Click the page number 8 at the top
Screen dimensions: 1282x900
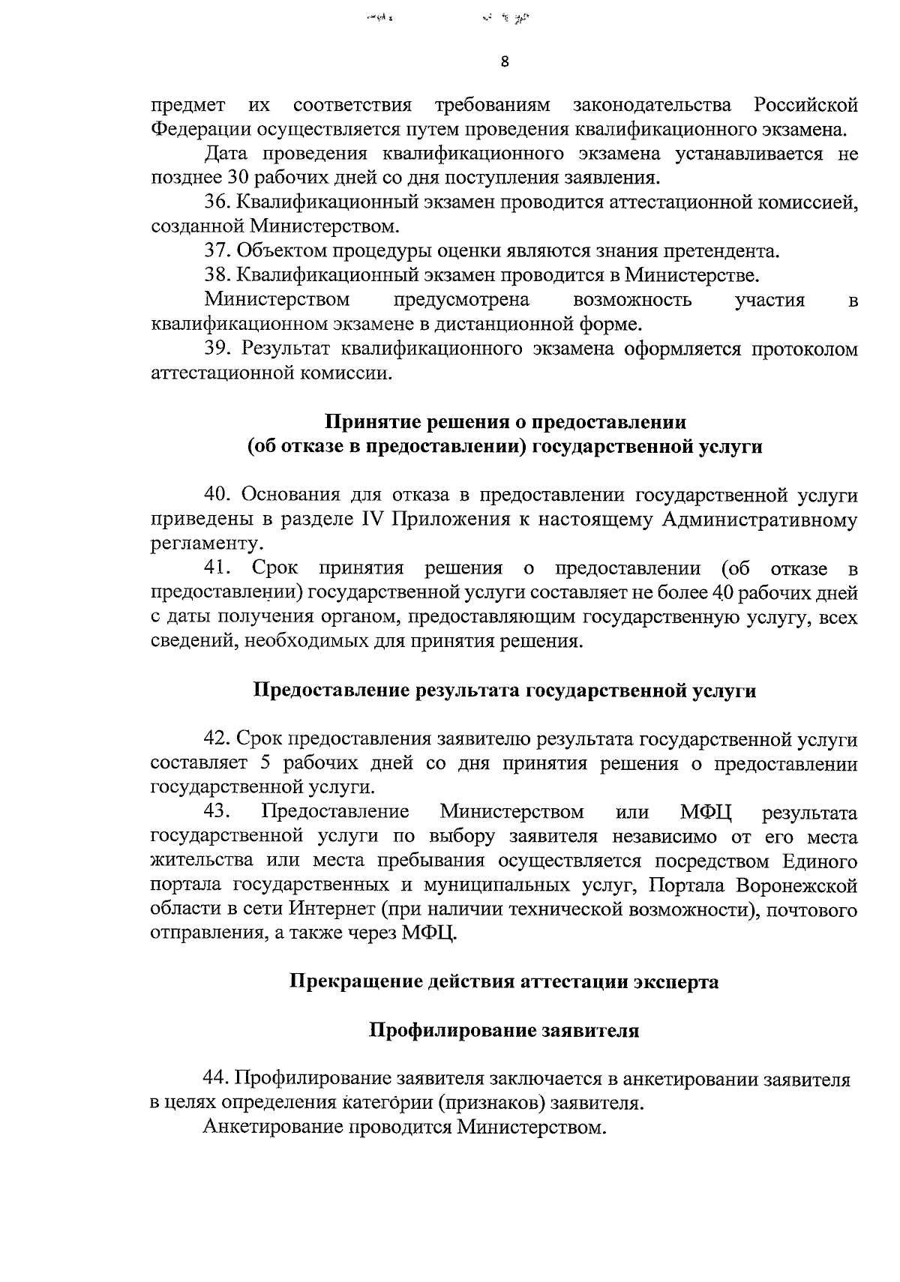pyautogui.click(x=504, y=64)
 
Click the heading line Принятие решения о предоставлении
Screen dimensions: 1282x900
pyautogui.click(x=505, y=422)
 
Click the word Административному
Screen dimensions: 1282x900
pyautogui.click(x=759, y=520)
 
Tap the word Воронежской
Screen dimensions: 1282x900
pyautogui.click(x=796, y=885)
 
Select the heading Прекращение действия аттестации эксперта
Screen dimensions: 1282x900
pyautogui.click(x=504, y=982)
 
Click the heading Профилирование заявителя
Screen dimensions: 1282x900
pyautogui.click(x=504, y=1031)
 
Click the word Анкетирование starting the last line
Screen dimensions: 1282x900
pyautogui.click(x=274, y=1128)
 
